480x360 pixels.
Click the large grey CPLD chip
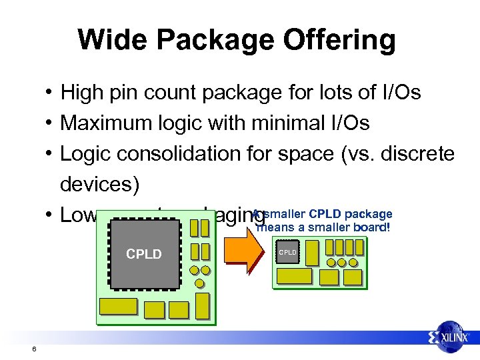tap(145, 253)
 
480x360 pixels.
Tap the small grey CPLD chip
tap(287, 253)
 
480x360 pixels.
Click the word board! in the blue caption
tap(372, 227)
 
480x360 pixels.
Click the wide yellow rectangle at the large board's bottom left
tap(118, 307)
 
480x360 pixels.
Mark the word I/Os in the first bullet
tap(402, 92)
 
